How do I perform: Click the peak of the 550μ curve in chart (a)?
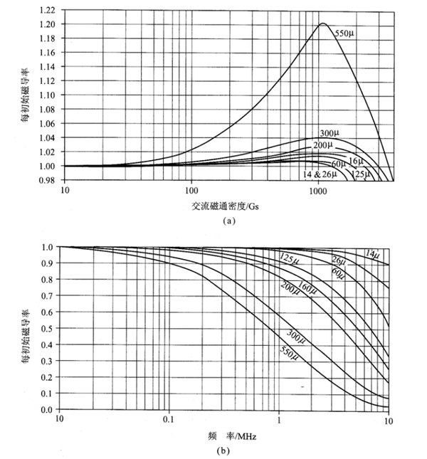(322, 23)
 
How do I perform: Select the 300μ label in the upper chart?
(330, 134)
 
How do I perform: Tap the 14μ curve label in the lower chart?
(372, 254)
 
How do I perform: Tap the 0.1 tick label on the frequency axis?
(169, 421)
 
